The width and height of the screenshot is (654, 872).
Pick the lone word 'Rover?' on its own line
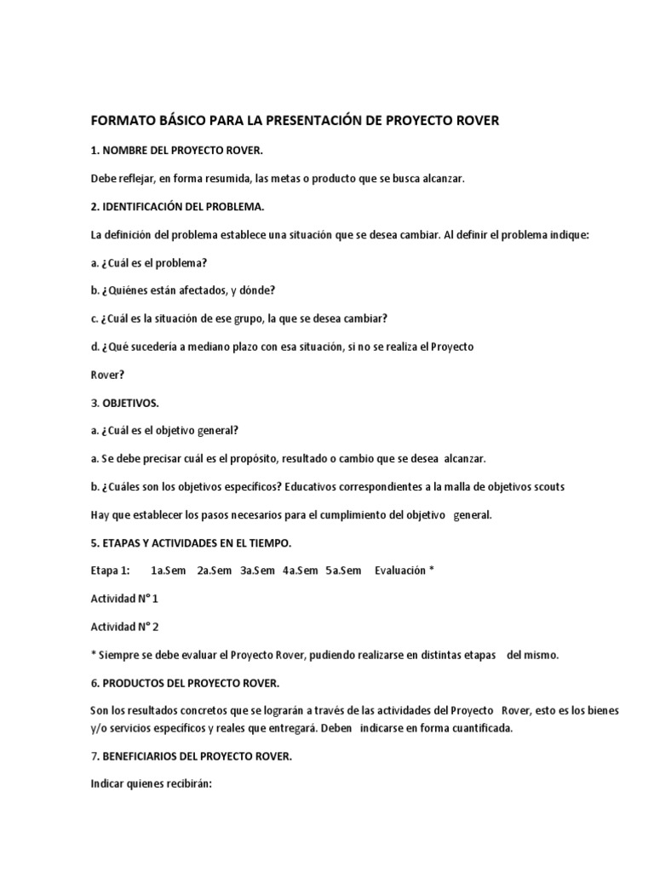[107, 374]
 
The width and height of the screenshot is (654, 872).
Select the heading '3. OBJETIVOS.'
[124, 403]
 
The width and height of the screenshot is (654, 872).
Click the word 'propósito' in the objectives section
[286, 459]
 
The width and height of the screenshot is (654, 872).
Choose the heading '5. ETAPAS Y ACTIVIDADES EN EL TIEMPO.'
[192, 543]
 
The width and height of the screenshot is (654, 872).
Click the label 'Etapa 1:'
[111, 571]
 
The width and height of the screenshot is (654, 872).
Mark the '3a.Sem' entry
[257, 571]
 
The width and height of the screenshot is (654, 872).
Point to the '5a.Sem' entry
[343, 571]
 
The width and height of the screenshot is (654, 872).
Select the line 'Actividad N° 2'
[124, 627]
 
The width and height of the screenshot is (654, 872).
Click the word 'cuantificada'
[480, 728]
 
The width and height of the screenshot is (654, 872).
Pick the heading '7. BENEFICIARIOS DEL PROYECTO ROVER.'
[192, 757]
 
